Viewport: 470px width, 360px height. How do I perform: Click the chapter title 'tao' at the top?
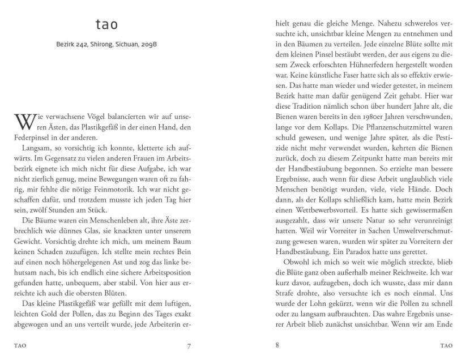pyautogui.click(x=106, y=25)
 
